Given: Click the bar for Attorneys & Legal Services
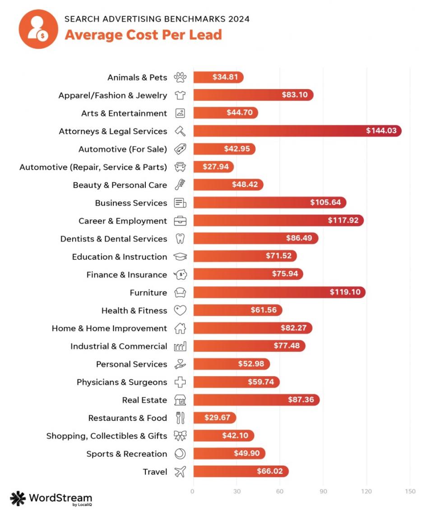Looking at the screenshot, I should pyautogui.click(x=297, y=131).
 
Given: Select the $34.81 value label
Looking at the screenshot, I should pyautogui.click(x=225, y=77).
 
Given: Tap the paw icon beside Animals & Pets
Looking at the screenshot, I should pyautogui.click(x=180, y=77).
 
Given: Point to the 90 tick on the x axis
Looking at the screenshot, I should pyautogui.click(x=323, y=491).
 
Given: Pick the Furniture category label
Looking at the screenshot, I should pyautogui.click(x=148, y=293).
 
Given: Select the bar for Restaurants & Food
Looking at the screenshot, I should pyautogui.click(x=214, y=418).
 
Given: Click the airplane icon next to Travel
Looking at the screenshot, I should pyautogui.click(x=180, y=472).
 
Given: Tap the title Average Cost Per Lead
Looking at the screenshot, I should pyautogui.click(x=143, y=34).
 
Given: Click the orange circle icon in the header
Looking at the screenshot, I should pyautogui.click(x=38, y=29).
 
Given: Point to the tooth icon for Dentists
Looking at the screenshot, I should pyautogui.click(x=180, y=239).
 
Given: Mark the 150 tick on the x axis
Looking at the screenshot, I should pyautogui.click(x=410, y=491).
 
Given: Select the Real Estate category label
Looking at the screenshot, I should pyautogui.click(x=144, y=400).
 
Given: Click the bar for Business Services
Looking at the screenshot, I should pyautogui.click(x=269, y=203).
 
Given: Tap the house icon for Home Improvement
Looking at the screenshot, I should pyautogui.click(x=180, y=328).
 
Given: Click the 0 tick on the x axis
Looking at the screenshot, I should pyautogui.click(x=193, y=491).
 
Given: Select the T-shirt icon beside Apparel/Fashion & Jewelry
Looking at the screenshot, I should pyautogui.click(x=180, y=95).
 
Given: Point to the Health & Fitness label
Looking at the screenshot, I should pyautogui.click(x=134, y=311).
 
